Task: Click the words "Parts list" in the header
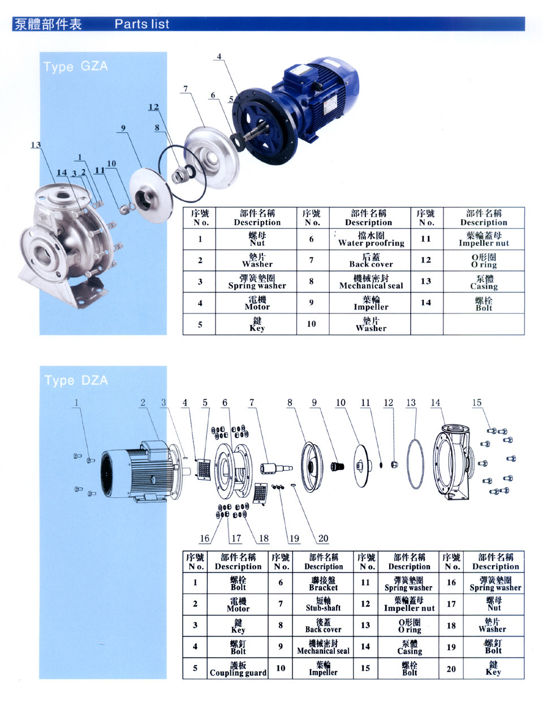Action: [141, 24]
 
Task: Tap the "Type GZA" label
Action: [75, 66]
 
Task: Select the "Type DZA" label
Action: [76, 380]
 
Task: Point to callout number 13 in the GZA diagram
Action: [36, 145]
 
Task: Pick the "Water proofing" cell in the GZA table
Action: [371, 239]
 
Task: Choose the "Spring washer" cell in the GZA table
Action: [257, 282]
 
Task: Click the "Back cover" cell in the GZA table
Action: [371, 260]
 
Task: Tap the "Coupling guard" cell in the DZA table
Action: [238, 669]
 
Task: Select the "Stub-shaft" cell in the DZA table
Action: [323, 604]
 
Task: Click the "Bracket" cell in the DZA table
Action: [323, 583]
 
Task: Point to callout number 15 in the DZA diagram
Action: [477, 403]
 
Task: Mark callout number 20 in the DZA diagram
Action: [323, 539]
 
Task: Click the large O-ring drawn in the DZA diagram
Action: [415, 464]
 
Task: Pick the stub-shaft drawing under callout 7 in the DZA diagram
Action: [275, 468]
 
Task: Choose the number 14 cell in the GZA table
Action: [426, 303]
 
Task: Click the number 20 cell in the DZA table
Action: [451, 669]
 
